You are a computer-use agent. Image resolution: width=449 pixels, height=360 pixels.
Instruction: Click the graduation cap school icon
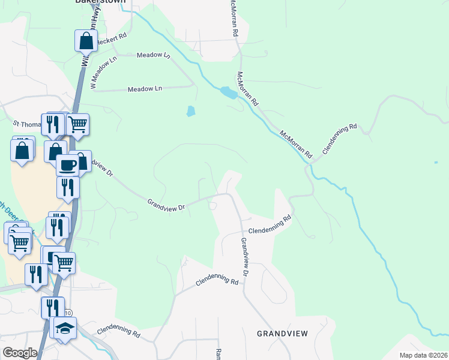[x=65, y=329]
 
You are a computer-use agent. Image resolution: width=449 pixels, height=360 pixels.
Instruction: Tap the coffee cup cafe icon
[x=67, y=164]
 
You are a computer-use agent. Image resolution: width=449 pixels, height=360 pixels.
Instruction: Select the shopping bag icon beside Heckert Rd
[x=86, y=41]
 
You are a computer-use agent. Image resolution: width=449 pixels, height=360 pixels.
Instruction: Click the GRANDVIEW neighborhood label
[x=282, y=333]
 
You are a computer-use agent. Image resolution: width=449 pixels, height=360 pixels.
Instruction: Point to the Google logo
[x=20, y=353]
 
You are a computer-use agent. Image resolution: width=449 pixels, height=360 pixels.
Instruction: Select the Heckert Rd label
[x=114, y=36]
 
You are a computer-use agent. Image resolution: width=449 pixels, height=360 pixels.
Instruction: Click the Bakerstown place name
[x=100, y=2]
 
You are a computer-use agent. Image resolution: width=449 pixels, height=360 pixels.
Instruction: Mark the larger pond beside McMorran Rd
[x=228, y=92]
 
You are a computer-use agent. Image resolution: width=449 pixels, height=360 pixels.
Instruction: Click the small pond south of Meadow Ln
[x=190, y=111]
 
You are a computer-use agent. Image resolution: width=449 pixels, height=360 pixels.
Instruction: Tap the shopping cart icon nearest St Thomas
[x=77, y=124]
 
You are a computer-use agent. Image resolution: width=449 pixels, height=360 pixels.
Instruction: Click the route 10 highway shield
[x=68, y=313]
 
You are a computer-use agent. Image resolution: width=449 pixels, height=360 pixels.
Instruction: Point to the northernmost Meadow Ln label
[x=154, y=55]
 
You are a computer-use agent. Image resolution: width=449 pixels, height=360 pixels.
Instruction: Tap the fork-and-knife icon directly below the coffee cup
[x=67, y=187]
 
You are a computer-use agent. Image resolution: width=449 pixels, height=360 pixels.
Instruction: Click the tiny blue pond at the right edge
[x=436, y=163]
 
